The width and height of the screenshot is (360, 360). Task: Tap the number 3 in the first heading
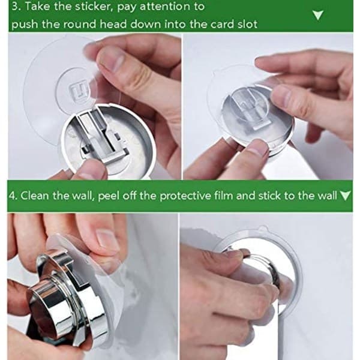15,6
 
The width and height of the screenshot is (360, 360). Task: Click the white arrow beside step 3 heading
318,15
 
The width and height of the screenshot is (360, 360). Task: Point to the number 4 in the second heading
12,196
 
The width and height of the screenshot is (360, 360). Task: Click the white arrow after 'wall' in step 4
345,196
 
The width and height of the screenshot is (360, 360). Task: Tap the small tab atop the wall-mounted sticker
263,229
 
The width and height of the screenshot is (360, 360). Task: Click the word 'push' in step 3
25,25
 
